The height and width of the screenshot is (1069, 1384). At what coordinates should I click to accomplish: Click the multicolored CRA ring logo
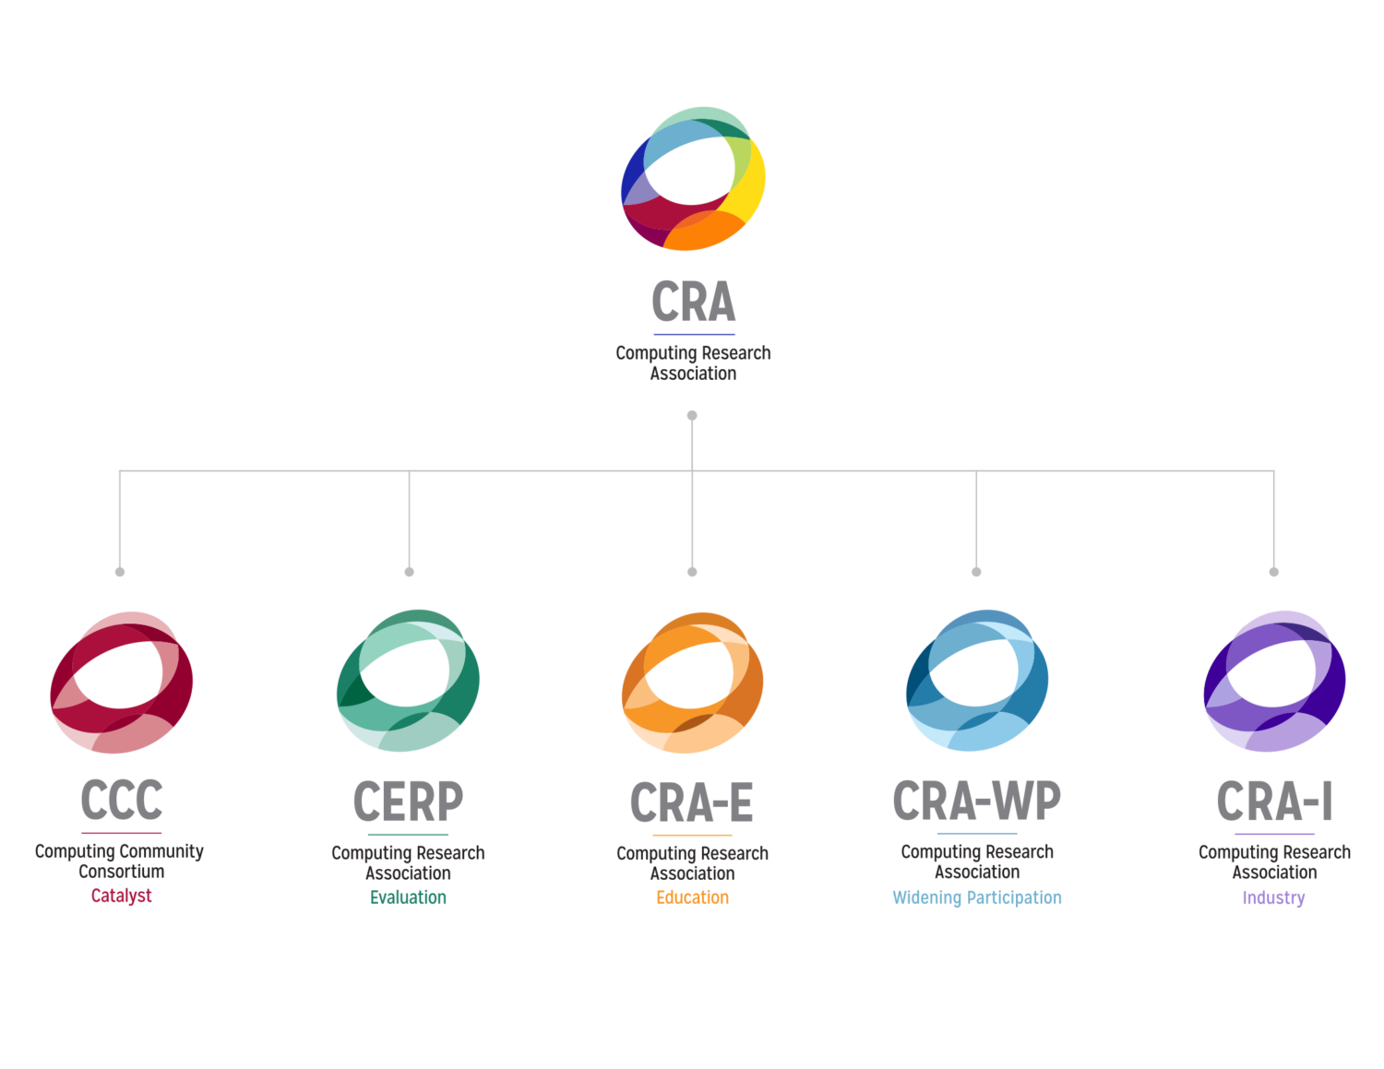693,179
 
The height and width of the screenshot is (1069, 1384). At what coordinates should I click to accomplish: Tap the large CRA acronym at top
694,302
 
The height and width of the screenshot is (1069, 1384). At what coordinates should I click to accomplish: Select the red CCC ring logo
122,682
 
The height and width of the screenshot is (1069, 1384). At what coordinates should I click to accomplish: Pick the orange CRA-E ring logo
693,683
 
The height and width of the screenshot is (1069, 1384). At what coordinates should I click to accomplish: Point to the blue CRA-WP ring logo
977,681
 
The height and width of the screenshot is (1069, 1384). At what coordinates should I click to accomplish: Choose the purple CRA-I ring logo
1274,681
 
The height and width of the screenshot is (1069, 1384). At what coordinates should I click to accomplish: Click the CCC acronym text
122,801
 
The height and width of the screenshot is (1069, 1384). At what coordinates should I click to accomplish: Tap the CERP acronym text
408,802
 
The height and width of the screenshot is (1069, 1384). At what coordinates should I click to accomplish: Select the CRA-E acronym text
692,802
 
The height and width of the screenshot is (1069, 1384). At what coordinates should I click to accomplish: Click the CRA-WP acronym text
977,801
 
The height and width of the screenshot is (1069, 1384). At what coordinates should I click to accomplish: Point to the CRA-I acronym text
1274,801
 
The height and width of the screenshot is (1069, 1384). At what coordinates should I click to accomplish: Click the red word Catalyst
122,896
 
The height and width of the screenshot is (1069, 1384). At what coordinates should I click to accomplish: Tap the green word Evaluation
408,897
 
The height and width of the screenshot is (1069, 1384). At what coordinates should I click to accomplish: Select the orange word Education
692,897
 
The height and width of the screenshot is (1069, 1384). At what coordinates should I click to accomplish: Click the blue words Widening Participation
977,897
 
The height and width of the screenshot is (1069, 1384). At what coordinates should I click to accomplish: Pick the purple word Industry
1273,898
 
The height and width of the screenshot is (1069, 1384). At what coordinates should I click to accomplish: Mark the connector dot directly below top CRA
692,416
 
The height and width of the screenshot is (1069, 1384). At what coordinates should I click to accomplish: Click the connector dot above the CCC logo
120,572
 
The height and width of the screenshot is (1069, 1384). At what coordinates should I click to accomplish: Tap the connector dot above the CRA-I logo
1274,572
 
